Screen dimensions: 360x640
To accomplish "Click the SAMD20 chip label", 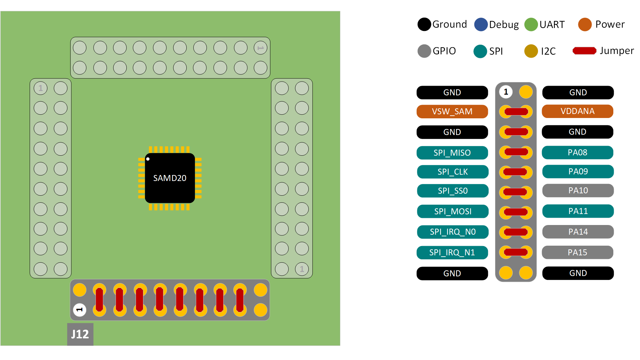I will click(170, 178).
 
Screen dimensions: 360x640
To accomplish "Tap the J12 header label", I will click(80, 334).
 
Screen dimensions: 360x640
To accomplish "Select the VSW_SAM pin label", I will click(452, 111).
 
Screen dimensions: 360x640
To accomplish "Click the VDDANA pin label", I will click(577, 111).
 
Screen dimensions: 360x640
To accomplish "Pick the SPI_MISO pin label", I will click(452, 153).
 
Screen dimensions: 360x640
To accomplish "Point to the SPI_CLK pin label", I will click(452, 172).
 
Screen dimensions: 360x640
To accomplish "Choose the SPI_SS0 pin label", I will click(452, 191).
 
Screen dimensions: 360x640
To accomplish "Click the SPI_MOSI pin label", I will click(452, 211).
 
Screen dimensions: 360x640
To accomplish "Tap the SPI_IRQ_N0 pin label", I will click(452, 232).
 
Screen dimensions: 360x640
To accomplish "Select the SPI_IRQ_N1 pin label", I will click(452, 252).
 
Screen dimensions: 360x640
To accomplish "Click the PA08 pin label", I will click(577, 152).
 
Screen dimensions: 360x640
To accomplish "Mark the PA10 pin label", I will click(578, 190).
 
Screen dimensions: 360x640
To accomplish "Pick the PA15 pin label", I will click(577, 252).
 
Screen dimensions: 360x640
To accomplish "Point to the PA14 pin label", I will click(578, 232).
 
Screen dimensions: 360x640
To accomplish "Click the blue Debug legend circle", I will click(481, 24).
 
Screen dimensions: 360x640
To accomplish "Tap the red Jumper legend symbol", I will click(584, 51).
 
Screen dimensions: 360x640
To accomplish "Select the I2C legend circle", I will click(531, 51).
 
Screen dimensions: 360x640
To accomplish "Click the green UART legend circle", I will click(531, 24).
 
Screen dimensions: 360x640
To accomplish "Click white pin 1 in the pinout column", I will click(506, 92).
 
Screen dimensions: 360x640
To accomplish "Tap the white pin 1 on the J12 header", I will click(80, 310).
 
